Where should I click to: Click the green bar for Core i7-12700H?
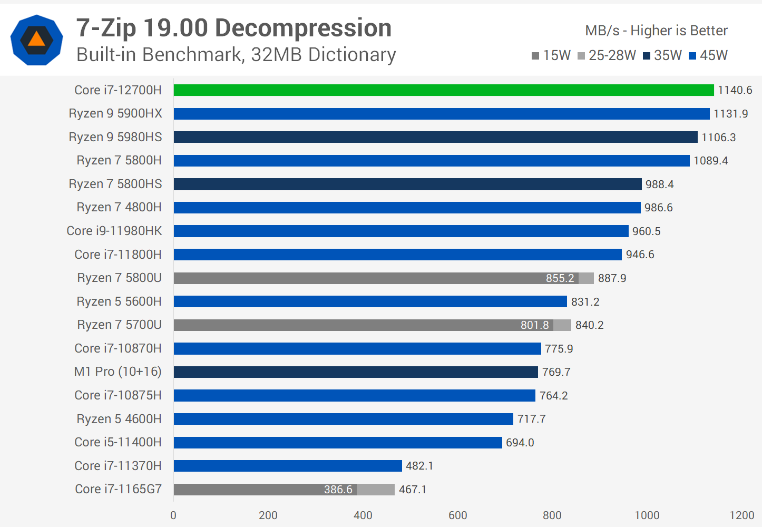[x=444, y=90]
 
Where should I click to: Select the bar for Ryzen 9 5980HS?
[x=435, y=137]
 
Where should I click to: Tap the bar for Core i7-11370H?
[x=288, y=466]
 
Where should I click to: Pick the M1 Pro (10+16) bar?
[x=356, y=372]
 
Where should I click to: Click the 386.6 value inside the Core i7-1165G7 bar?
[x=338, y=490]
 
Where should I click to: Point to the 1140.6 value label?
[x=735, y=90]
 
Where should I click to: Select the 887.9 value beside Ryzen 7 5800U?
[x=612, y=278]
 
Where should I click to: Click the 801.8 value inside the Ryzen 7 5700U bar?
[x=534, y=325]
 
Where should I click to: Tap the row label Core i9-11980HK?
[x=114, y=231]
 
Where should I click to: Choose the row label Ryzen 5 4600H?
[x=119, y=419]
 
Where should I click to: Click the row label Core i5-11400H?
[x=118, y=442]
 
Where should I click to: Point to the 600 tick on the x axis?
[x=457, y=515]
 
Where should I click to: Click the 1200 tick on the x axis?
[x=741, y=515]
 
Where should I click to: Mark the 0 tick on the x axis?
[x=173, y=515]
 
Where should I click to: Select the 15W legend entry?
[x=551, y=55]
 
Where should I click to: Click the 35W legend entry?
[x=662, y=55]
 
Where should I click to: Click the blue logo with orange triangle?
[x=37, y=40]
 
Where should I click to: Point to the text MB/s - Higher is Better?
[x=656, y=31]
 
